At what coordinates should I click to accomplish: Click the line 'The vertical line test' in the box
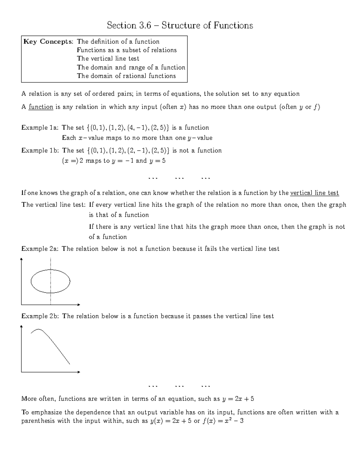(108, 59)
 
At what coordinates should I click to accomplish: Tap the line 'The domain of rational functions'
(126, 76)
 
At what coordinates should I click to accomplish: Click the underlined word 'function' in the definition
(41, 107)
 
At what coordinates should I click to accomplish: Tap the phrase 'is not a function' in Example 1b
(197, 151)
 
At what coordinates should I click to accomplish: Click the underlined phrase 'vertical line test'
(314, 193)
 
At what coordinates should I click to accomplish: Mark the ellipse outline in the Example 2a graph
(70, 281)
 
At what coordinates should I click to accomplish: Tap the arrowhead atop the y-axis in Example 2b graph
(21, 326)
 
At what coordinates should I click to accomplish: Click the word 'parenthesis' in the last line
(38, 421)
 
